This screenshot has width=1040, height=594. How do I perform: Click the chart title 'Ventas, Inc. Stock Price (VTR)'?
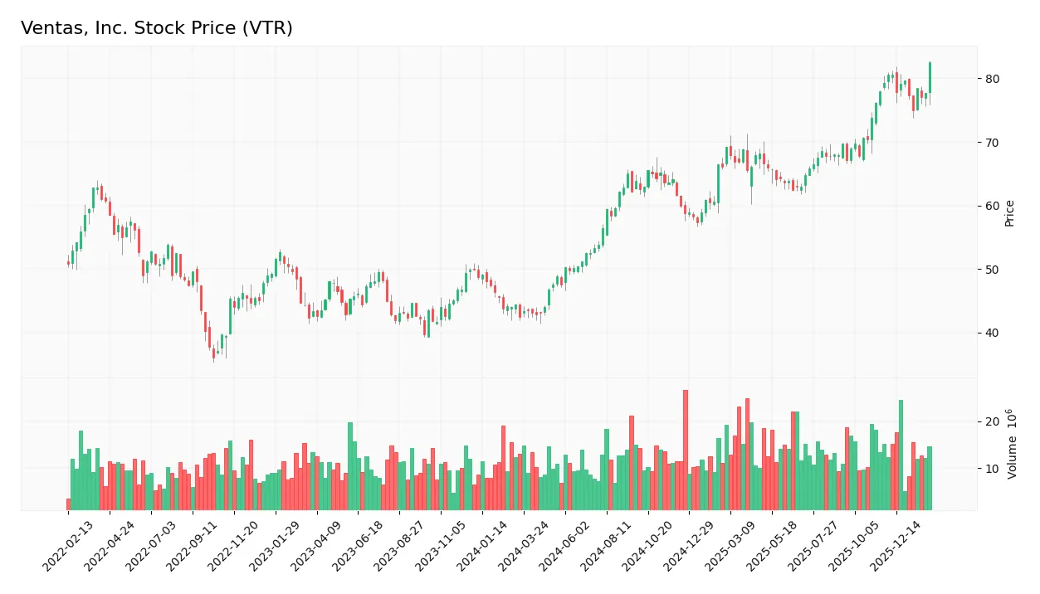point(156,28)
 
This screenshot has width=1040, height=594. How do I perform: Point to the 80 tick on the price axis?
point(993,79)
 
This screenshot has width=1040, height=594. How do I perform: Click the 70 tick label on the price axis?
point(993,143)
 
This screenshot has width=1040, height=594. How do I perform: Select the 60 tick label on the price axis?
point(993,207)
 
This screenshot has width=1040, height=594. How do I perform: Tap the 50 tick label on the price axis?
point(993,270)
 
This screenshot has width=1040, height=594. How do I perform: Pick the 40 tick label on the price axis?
point(993,334)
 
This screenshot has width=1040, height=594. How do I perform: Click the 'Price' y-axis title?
point(1009,213)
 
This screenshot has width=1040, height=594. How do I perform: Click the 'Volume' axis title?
point(1012,444)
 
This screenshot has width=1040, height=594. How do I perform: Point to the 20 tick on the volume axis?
point(993,421)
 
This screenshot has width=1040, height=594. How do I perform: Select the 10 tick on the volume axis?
point(993,469)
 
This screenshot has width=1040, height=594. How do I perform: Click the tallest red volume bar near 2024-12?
point(686,450)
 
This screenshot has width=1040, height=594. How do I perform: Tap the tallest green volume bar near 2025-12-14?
point(901,455)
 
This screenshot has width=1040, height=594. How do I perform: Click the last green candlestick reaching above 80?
point(930,78)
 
